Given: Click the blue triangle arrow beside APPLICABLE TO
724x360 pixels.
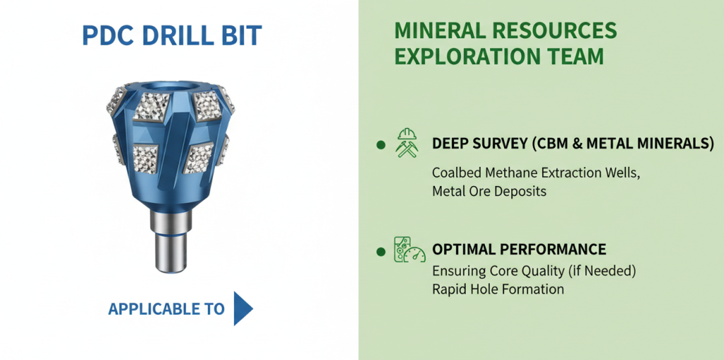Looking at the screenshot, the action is (x=243, y=308).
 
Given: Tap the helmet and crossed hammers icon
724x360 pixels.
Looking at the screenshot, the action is (x=407, y=143).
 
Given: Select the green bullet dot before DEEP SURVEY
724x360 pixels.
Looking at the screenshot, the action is (x=381, y=145).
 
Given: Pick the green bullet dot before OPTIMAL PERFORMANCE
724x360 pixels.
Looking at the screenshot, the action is (x=381, y=252).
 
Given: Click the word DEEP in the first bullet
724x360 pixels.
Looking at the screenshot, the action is (x=450, y=144).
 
